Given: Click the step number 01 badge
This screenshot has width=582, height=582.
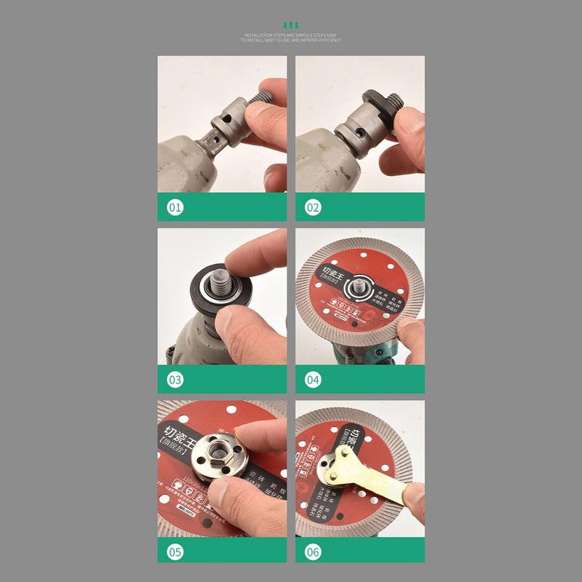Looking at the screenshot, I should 175,208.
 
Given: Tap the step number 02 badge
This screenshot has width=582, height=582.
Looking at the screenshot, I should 313,208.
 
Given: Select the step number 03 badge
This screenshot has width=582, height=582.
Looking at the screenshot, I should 175,380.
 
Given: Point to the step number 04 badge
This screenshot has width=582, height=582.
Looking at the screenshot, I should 313,380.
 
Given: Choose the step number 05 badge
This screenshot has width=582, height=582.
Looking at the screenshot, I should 175,551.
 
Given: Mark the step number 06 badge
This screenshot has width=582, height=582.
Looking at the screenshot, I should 313,551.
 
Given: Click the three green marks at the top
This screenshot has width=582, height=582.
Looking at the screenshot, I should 291,24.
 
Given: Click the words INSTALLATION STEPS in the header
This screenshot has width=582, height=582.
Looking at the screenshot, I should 265,34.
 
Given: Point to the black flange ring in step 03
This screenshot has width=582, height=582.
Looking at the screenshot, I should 201,291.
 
